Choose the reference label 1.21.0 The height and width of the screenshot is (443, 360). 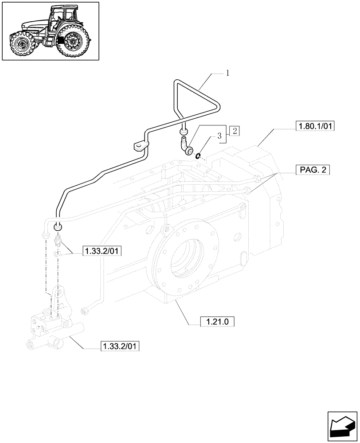pyautogui.click(x=217, y=322)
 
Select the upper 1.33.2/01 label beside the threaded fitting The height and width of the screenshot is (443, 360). pyautogui.click(x=102, y=252)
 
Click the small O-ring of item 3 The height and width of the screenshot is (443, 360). pyautogui.click(x=199, y=155)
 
